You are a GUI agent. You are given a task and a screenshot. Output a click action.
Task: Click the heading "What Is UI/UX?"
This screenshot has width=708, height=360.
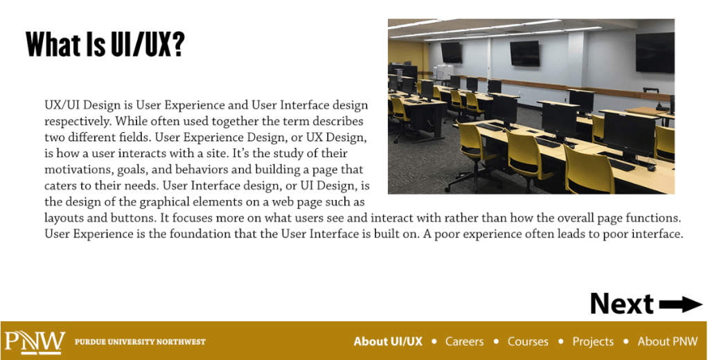(x=105, y=44)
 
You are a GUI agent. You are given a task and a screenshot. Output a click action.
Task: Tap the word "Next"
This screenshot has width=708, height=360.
(x=622, y=303)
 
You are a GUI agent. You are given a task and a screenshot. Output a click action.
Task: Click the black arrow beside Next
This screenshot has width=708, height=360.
(x=680, y=304)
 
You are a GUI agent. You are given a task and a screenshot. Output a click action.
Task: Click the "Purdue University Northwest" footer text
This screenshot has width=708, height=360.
(x=140, y=342)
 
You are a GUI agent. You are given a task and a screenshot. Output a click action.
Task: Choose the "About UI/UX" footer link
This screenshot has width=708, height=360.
(x=388, y=341)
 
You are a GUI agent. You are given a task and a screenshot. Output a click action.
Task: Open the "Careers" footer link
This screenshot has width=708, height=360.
(x=464, y=341)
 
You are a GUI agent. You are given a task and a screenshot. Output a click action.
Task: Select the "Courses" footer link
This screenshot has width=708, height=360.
(x=528, y=341)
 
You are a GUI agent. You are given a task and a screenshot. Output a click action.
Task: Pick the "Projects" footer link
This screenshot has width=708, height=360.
(x=593, y=342)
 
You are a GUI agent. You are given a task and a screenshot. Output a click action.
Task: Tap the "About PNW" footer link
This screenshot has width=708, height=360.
(x=667, y=341)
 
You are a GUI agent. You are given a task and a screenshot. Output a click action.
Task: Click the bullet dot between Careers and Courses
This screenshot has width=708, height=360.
(x=496, y=341)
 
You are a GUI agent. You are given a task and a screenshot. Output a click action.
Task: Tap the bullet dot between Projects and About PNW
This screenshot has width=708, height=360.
(x=626, y=341)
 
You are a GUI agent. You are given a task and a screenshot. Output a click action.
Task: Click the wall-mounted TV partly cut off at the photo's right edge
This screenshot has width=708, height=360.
(x=655, y=53)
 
